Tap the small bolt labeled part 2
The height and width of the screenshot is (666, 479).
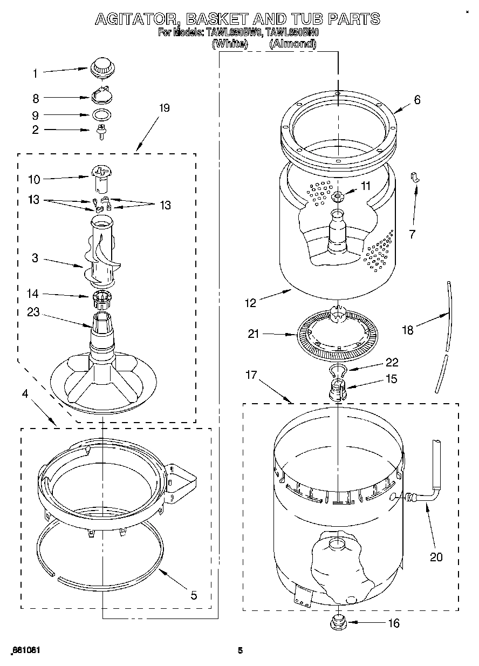[x=100, y=132]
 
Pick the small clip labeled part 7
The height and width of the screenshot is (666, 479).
[x=416, y=177]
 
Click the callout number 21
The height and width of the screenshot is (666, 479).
[x=254, y=334]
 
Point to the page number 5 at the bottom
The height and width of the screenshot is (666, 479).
[x=241, y=650]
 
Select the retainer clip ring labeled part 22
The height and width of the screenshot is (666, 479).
[x=337, y=370]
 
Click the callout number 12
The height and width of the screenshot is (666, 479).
[x=251, y=303]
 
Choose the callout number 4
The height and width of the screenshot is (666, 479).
[x=25, y=393]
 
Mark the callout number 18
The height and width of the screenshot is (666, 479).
[x=408, y=330]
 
